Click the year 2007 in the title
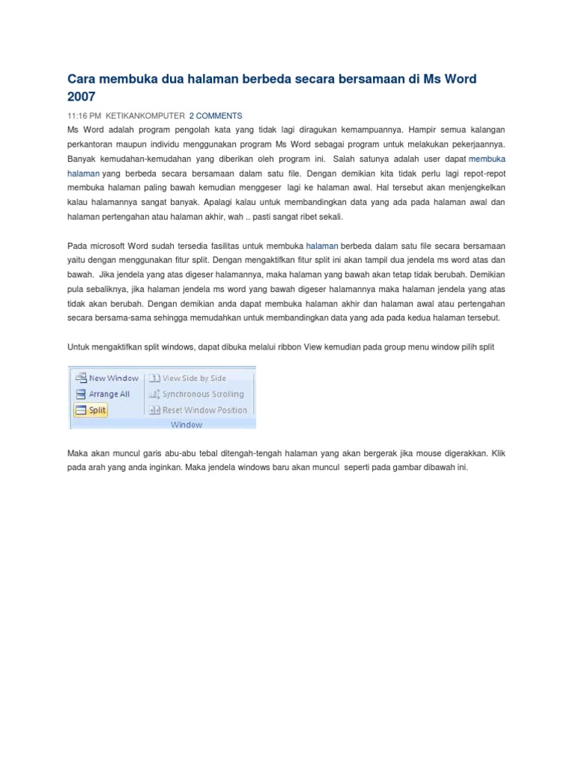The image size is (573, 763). pyautogui.click(x=82, y=96)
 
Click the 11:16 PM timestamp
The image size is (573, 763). pyautogui.click(x=84, y=116)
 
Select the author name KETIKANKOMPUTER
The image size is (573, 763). pyautogui.click(x=145, y=116)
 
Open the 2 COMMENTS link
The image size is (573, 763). pyautogui.click(x=216, y=116)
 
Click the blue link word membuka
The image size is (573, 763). pyautogui.click(x=487, y=159)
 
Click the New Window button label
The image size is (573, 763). pyautogui.click(x=113, y=379)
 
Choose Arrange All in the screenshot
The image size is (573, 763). pyautogui.click(x=109, y=394)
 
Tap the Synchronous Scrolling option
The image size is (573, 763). pyautogui.click(x=203, y=394)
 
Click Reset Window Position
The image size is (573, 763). pyautogui.click(x=204, y=410)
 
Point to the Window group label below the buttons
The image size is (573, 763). pyautogui.click(x=187, y=425)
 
